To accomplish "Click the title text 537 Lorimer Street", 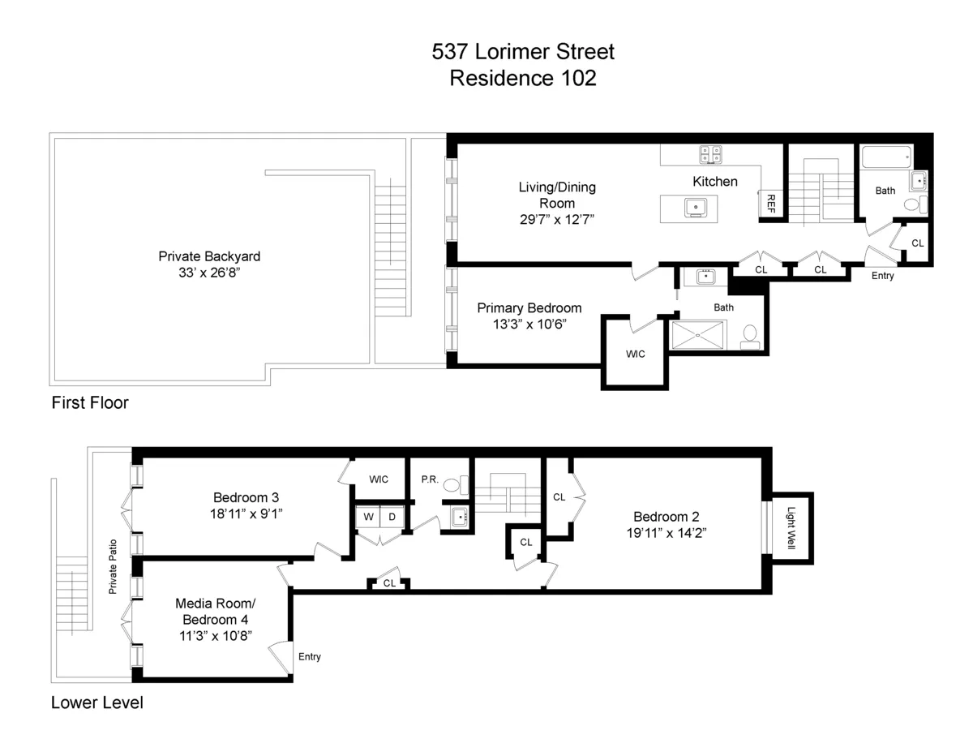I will pyautogui.click(x=522, y=52).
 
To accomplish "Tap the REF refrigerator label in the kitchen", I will pyautogui.click(x=770, y=204).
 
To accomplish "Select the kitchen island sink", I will pyautogui.click(x=696, y=208).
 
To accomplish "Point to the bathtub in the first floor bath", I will pyautogui.click(x=886, y=157).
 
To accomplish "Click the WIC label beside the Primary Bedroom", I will pyautogui.click(x=635, y=354).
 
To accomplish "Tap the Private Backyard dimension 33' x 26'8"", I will pyautogui.click(x=209, y=273).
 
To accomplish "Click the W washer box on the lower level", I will pyautogui.click(x=367, y=517).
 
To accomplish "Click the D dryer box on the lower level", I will pyautogui.click(x=391, y=517).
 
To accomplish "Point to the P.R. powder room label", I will pyautogui.click(x=430, y=479).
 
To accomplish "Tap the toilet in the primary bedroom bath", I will pyautogui.click(x=750, y=334).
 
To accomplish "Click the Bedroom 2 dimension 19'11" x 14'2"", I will pyautogui.click(x=666, y=533).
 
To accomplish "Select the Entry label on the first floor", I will pyautogui.click(x=882, y=276).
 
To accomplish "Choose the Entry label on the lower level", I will pyautogui.click(x=310, y=656).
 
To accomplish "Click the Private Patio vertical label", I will pyautogui.click(x=114, y=566).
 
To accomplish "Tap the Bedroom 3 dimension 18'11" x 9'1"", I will pyautogui.click(x=246, y=514).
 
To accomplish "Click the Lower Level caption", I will pyautogui.click(x=97, y=703).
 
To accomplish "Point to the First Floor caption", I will pyautogui.click(x=90, y=402).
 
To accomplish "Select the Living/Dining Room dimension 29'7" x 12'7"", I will pyautogui.click(x=557, y=220).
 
